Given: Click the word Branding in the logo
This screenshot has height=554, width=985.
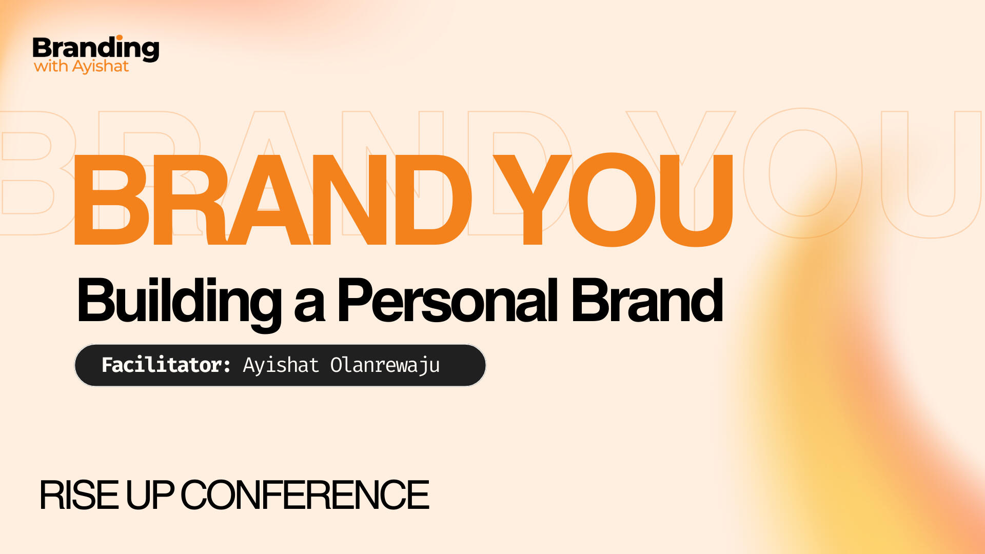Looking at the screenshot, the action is pyautogui.click(x=96, y=49).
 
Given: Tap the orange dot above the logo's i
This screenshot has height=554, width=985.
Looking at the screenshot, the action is pyautogui.click(x=120, y=37).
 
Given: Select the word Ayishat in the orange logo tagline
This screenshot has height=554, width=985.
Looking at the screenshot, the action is pyautogui.click(x=101, y=67).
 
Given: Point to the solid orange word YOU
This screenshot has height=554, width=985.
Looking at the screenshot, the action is pyautogui.click(x=614, y=200).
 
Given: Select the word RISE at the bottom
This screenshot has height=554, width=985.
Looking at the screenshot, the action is pyautogui.click(x=79, y=496).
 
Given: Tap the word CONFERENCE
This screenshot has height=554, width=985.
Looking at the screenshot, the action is pyautogui.click(x=305, y=496).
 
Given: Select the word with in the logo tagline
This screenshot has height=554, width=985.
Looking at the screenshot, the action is pyautogui.click(x=51, y=66).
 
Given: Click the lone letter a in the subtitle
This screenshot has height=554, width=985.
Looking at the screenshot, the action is pyautogui.click(x=309, y=306).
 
